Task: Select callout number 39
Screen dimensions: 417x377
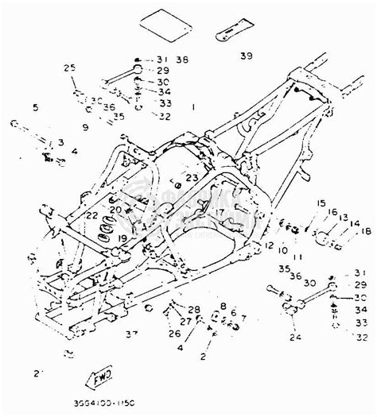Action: pos(246,56)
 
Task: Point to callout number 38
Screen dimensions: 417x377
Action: pos(184,60)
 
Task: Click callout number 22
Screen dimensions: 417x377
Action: pos(92,215)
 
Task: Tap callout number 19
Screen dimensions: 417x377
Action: pos(123,237)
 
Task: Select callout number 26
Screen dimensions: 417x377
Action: pos(175,334)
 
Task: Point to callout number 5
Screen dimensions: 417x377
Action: pos(35,106)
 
